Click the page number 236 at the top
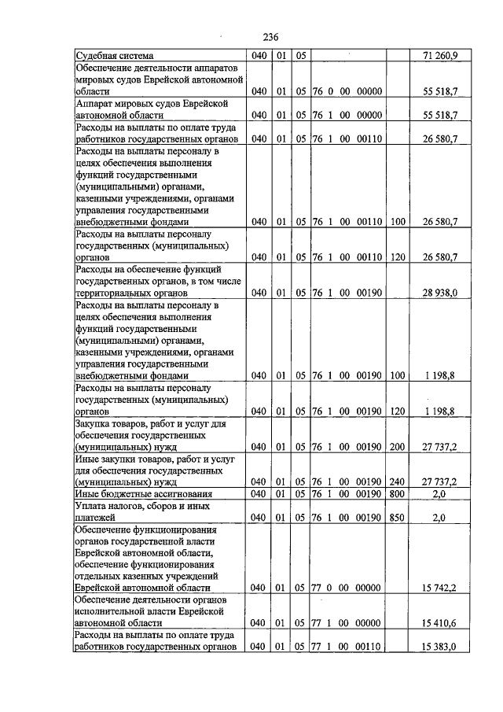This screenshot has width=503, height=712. coord(270,37)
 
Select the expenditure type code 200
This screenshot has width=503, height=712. coord(398,446)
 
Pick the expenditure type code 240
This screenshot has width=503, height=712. coord(398,481)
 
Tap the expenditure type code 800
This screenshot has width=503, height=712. coord(398,493)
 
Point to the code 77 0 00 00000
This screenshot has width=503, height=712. coord(347,588)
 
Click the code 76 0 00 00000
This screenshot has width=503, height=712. coord(347,92)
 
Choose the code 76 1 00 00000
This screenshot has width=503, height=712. coord(347,116)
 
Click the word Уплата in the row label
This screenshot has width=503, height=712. coord(91,506)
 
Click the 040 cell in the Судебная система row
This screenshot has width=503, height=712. coord(259,57)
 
